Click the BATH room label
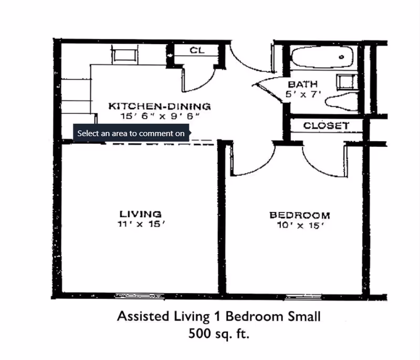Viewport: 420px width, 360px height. click(x=302, y=84)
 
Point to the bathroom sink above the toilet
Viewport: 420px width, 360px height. click(x=344, y=82)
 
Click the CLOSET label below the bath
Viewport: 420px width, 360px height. click(x=326, y=126)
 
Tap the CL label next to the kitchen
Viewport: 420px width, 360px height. click(x=196, y=51)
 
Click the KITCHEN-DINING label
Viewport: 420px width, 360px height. click(x=159, y=107)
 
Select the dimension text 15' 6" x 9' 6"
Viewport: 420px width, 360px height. click(x=159, y=117)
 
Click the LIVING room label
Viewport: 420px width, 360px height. click(x=140, y=214)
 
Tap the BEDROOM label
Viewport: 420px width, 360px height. click(x=299, y=215)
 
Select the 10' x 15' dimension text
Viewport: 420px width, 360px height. click(x=299, y=226)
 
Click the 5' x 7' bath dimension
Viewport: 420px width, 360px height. click(x=302, y=94)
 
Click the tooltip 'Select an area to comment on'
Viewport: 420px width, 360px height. click(x=131, y=133)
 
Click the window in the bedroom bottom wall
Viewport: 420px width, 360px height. click(x=304, y=296)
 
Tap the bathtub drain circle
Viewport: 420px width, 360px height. click(x=342, y=57)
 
